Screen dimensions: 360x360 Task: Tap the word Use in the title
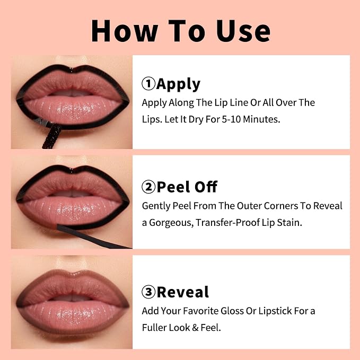click(243, 31)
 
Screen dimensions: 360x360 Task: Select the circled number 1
click(148, 84)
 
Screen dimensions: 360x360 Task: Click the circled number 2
click(148, 187)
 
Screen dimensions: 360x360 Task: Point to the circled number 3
click(148, 292)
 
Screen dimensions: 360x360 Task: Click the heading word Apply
click(178, 84)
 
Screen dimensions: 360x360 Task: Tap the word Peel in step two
click(174, 187)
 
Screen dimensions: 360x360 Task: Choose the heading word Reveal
click(183, 292)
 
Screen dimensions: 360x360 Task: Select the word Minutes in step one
click(261, 119)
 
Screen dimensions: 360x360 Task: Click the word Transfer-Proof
click(228, 223)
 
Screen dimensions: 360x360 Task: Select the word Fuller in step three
click(154, 328)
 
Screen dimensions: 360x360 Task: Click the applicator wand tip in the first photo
click(52, 135)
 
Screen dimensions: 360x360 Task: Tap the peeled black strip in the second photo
click(92, 236)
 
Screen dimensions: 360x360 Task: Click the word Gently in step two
click(156, 206)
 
